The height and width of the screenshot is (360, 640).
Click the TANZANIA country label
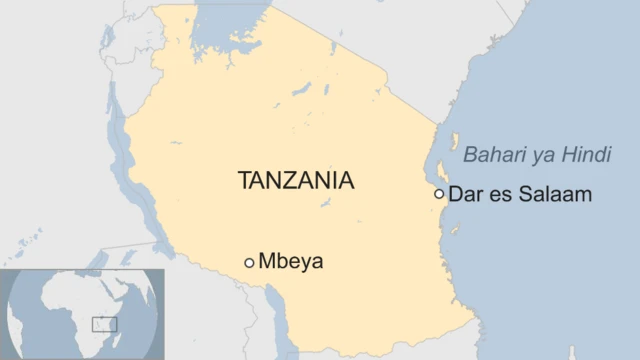point(295,181)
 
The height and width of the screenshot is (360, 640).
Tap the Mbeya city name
point(291,262)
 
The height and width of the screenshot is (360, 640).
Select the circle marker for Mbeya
point(249,263)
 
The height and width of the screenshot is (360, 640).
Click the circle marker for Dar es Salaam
point(439,194)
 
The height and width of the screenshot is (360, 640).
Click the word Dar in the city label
point(465,194)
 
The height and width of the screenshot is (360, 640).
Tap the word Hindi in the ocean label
point(589,155)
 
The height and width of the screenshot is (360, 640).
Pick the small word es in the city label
point(500,194)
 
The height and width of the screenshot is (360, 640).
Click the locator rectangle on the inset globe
point(104,323)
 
